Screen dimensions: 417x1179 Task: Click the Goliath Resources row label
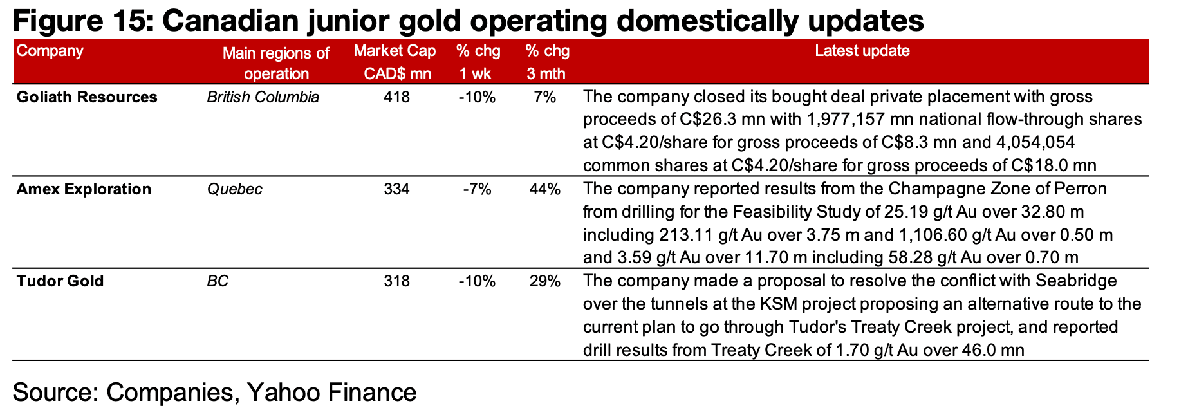[87, 97]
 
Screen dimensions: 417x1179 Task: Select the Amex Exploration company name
[84, 189]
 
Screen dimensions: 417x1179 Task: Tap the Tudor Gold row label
[60, 281]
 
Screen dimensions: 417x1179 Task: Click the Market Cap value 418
[396, 97]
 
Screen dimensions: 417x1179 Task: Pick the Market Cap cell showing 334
[396, 189]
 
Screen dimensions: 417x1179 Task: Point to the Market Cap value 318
[396, 281]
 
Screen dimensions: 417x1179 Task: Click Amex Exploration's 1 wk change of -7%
[477, 189]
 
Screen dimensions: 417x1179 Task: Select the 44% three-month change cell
[544, 189]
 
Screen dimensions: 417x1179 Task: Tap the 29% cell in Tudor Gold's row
[544, 281]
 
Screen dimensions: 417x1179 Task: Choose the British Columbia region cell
[263, 97]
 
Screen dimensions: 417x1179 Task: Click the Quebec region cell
[234, 189]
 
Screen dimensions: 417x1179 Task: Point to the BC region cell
[218, 281]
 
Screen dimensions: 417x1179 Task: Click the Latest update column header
[862, 51]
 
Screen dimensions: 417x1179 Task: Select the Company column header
[50, 51]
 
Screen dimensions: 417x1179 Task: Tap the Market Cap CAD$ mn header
[395, 62]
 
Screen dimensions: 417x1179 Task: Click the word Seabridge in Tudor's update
[1075, 281]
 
